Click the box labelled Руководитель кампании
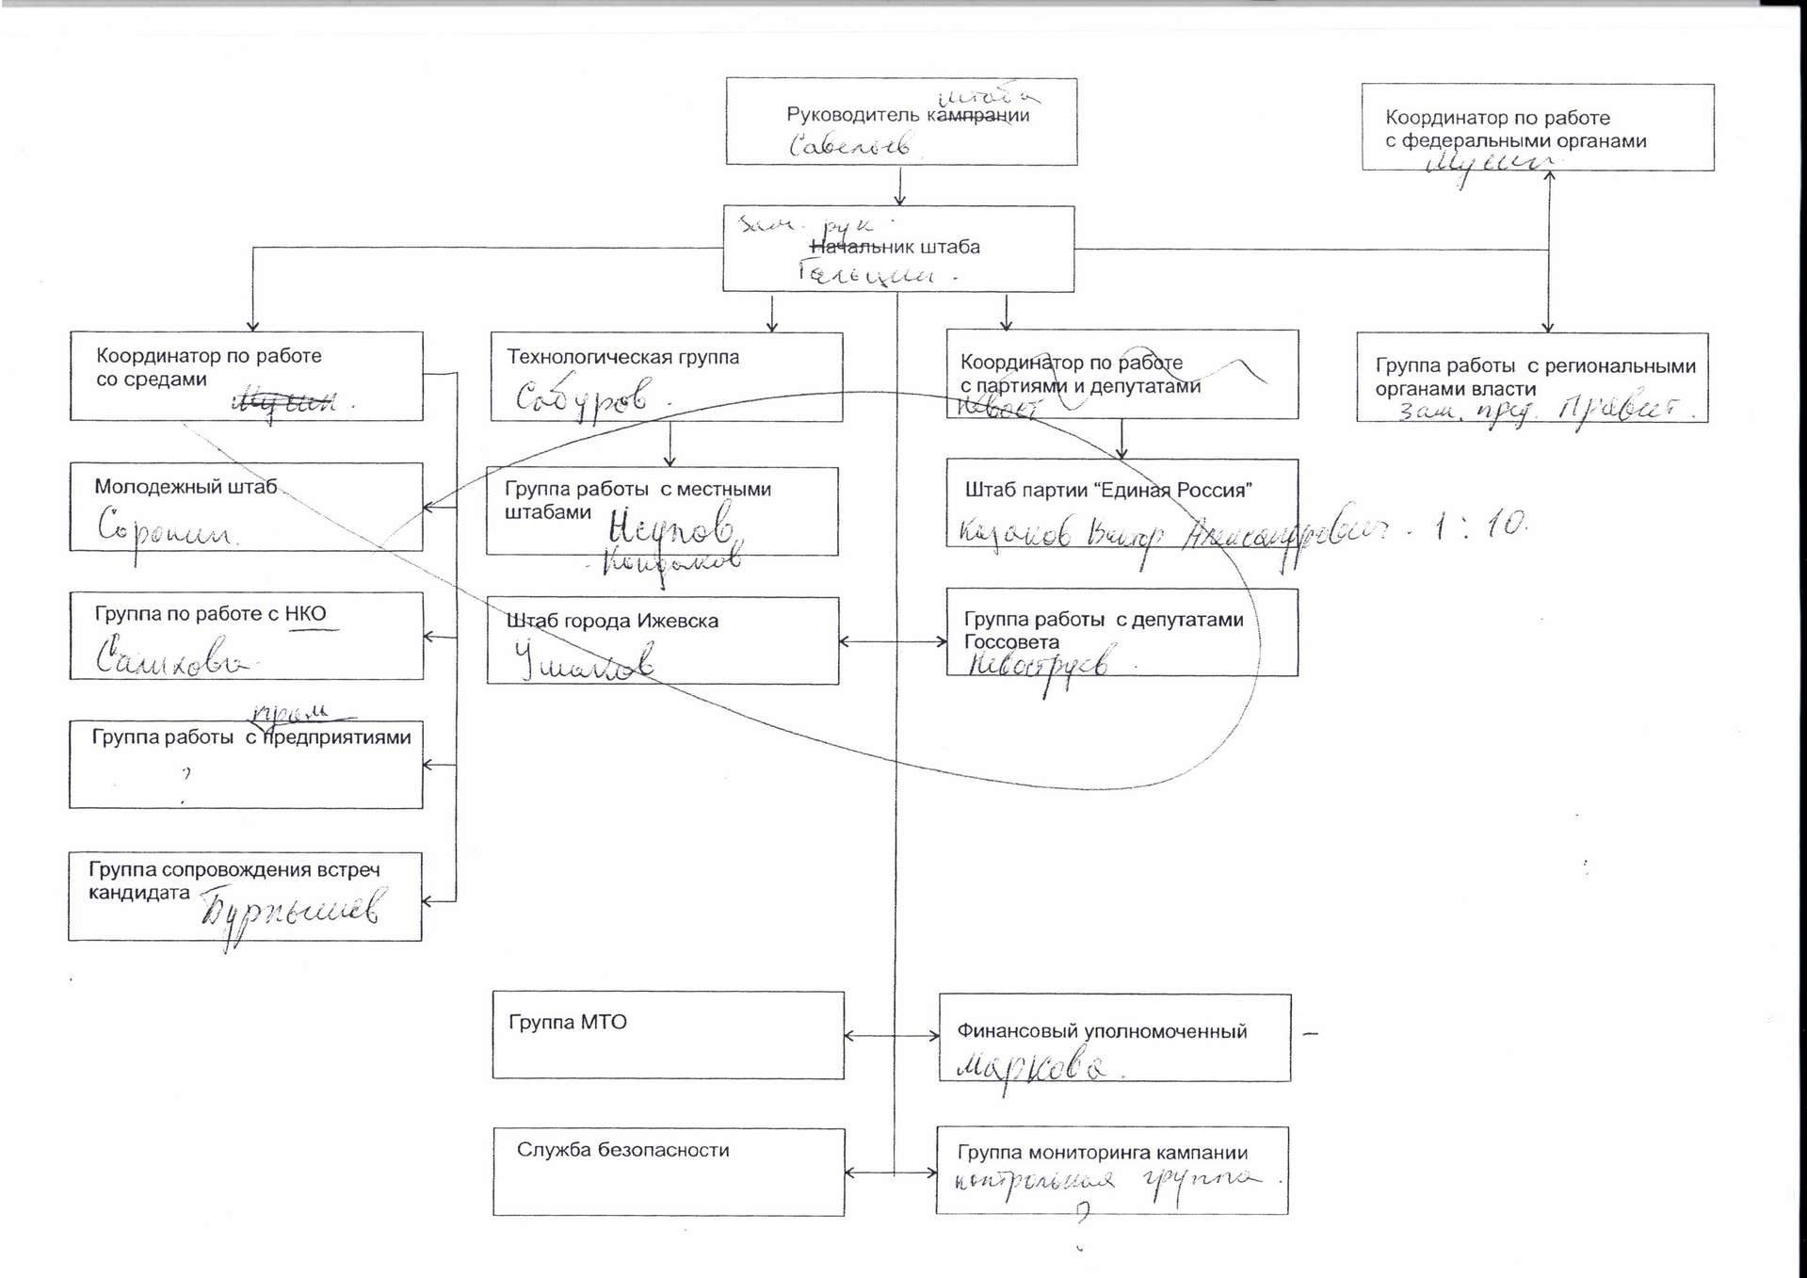coord(901,121)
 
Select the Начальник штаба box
coord(898,249)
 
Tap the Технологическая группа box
coord(667,377)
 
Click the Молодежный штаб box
coord(246,507)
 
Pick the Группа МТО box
coord(668,1035)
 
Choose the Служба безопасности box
coord(669,1172)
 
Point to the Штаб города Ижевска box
coord(663,640)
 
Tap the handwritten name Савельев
coord(849,145)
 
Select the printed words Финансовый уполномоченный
coord(1102,1031)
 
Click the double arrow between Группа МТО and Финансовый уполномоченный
coord(892,1036)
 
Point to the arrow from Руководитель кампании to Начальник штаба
coord(900,186)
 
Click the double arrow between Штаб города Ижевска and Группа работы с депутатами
coord(893,641)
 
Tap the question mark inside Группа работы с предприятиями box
coord(186,774)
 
